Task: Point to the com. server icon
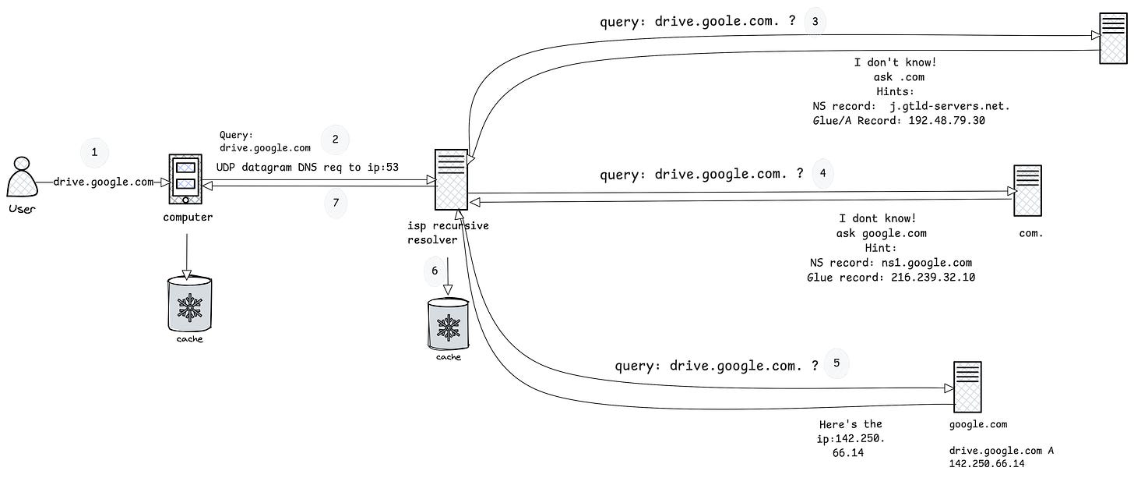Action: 1027,190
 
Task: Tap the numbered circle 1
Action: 94,153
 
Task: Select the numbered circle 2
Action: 335,140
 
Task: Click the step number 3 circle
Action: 815,21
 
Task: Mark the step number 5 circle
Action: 836,363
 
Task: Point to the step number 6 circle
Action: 435,271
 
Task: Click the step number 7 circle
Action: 336,203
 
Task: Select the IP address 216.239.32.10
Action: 933,277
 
